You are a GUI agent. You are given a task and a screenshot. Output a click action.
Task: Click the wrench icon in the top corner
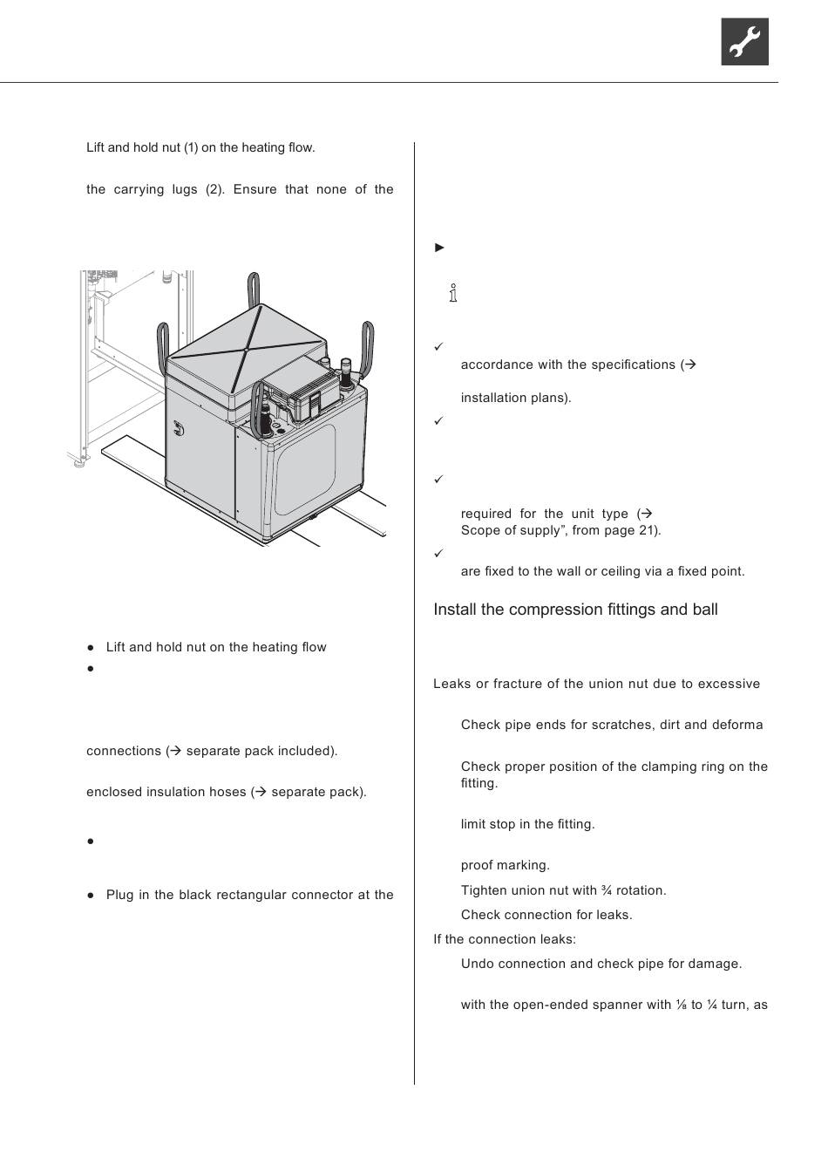[x=744, y=42]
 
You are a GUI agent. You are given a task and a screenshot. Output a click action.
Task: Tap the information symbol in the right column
[x=453, y=293]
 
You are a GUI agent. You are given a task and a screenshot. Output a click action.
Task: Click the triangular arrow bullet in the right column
[x=440, y=248]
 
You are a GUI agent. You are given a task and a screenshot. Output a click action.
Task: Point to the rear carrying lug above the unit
[x=254, y=289]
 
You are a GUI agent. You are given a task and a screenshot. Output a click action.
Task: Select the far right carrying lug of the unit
[x=369, y=342]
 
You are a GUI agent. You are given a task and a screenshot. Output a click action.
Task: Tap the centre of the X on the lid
[x=247, y=350]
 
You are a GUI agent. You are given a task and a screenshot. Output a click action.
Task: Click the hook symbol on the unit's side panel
[x=179, y=428]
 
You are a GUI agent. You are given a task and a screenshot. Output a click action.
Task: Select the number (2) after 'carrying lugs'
[x=214, y=189]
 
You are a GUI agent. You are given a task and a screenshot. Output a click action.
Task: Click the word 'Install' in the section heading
[x=455, y=610]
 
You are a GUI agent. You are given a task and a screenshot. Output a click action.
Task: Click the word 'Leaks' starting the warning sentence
[x=451, y=684]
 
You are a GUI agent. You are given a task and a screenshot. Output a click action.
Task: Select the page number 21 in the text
[x=648, y=530]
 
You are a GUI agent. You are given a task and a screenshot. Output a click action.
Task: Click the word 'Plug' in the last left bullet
[x=120, y=895]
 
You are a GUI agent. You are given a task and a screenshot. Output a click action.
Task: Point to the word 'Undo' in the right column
[x=477, y=964]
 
